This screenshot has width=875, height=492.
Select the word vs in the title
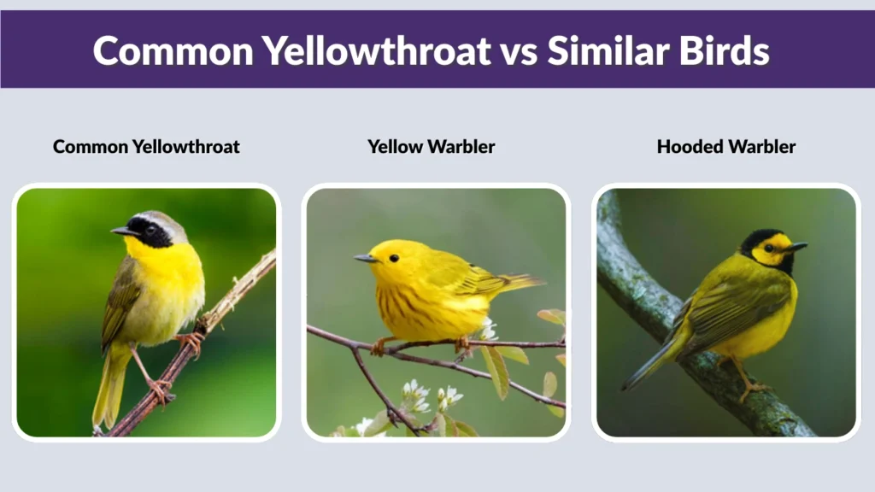tap(518, 51)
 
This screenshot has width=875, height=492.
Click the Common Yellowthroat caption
tap(146, 147)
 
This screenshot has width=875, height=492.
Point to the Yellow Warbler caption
tap(432, 147)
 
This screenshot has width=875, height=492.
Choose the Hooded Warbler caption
tap(725, 147)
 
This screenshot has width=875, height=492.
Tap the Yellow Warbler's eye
tap(393, 257)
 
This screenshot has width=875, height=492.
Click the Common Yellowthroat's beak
tap(122, 231)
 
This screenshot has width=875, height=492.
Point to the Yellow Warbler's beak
tap(364, 258)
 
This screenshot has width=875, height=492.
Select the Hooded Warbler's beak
tap(797, 248)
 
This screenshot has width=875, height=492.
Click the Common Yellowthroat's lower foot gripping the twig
tap(159, 390)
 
